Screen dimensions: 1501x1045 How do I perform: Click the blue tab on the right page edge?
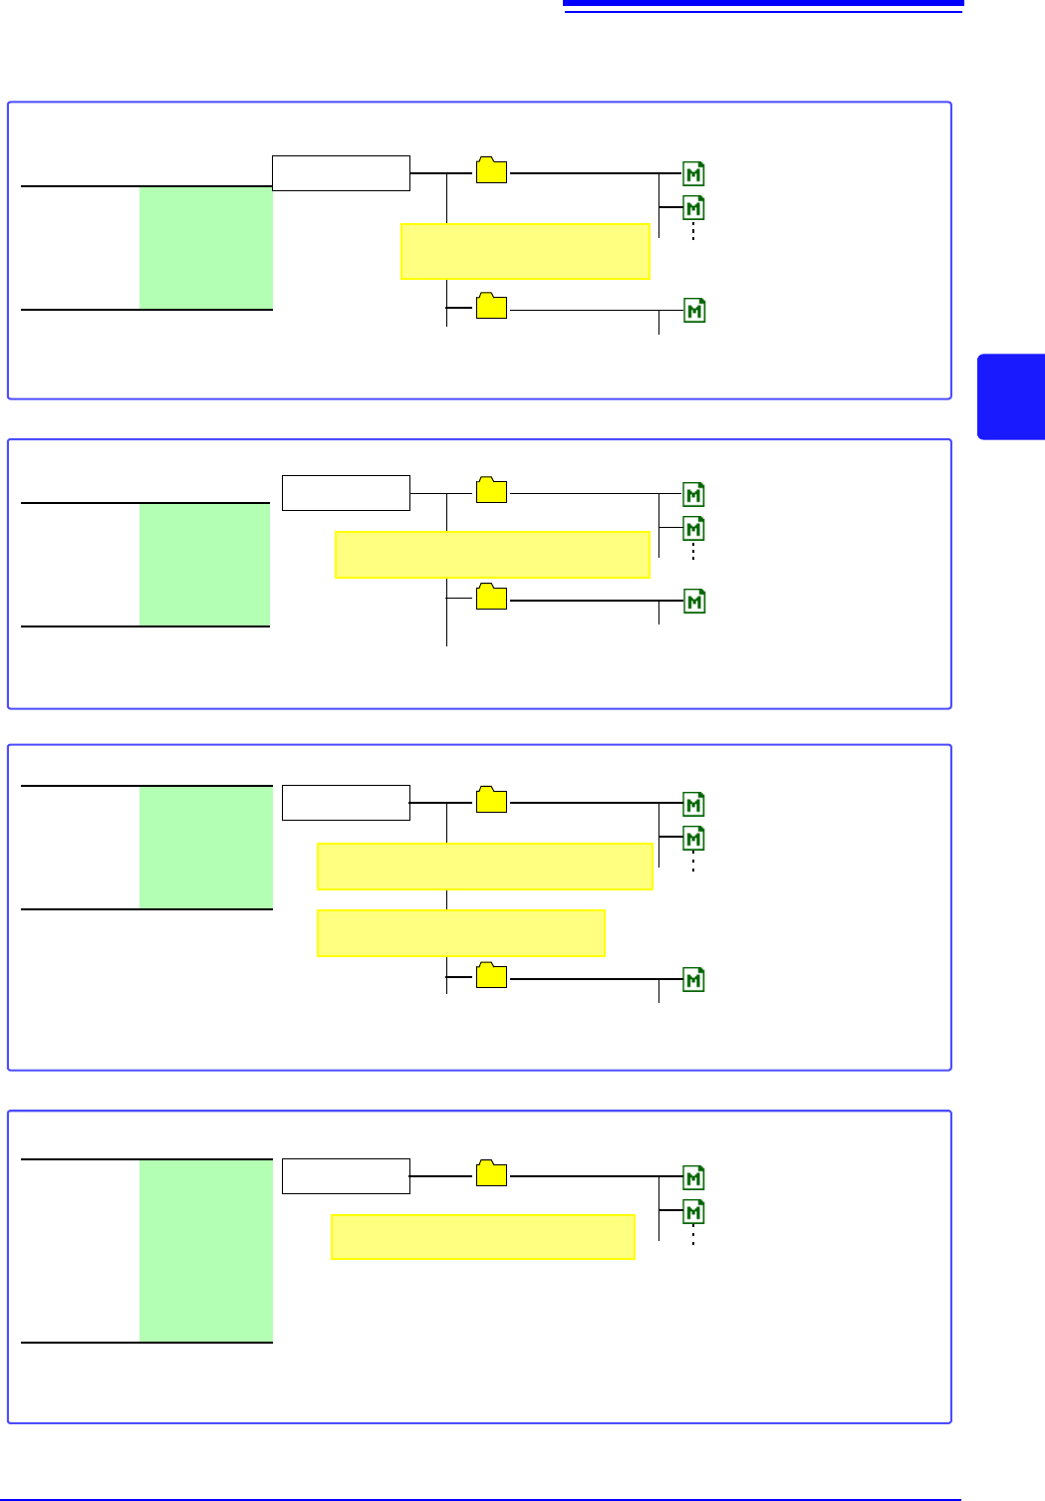point(1010,396)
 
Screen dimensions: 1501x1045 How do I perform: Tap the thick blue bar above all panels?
point(763,4)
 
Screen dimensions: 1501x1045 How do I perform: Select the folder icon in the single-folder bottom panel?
point(491,1173)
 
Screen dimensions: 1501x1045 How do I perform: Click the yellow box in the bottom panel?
point(482,1237)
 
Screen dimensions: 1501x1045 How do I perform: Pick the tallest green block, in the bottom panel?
point(205,1250)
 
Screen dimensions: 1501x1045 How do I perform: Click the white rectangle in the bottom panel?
point(346,1176)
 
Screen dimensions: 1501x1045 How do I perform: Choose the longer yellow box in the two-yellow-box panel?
point(484,867)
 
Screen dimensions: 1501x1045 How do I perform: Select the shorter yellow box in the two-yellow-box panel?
point(460,933)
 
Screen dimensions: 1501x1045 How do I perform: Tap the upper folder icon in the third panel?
point(491,800)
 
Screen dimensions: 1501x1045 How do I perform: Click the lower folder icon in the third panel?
point(491,975)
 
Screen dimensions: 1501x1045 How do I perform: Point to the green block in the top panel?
point(205,248)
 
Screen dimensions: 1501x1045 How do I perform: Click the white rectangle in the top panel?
point(341,173)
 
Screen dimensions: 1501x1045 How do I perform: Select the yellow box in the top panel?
point(525,252)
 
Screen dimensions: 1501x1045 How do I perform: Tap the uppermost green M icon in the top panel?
point(693,174)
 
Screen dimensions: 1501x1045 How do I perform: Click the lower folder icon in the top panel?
point(491,306)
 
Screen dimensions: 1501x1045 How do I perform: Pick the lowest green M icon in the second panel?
point(693,602)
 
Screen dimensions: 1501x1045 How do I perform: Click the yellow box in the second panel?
point(492,555)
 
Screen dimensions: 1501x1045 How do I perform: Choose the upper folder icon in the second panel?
point(491,490)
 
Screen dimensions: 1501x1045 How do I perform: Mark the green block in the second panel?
point(204,565)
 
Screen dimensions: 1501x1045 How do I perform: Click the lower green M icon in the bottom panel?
point(693,1212)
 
